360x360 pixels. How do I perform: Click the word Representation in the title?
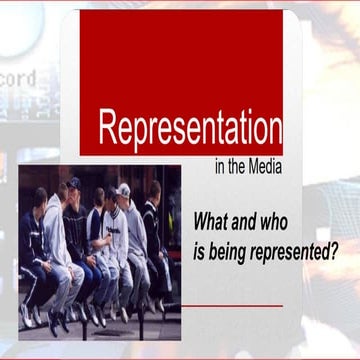[x=189, y=127]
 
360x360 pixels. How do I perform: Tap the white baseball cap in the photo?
[x=123, y=189]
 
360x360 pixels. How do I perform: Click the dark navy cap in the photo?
[x=73, y=183]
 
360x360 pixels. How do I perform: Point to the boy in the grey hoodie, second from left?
[x=56, y=240]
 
